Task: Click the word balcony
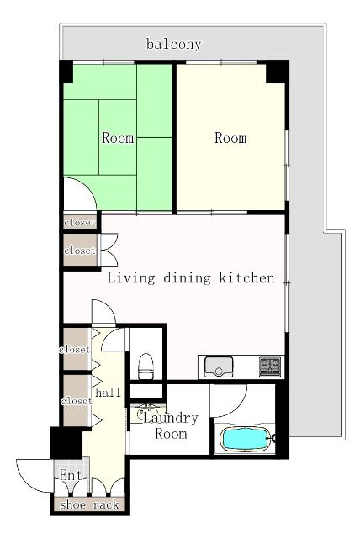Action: pyautogui.click(x=173, y=45)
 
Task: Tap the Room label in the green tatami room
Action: pyautogui.click(x=118, y=138)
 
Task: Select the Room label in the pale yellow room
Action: pyautogui.click(x=230, y=138)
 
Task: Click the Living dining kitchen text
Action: pyautogui.click(x=191, y=277)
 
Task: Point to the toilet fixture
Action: pyautogui.click(x=146, y=367)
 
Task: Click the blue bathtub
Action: pyautogui.click(x=246, y=439)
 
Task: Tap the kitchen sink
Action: pyautogui.click(x=219, y=367)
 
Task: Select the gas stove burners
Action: pyautogui.click(x=270, y=367)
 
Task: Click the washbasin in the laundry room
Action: pyautogui.click(x=147, y=413)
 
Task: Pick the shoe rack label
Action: pyautogui.click(x=89, y=504)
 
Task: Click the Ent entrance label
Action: pyautogui.click(x=71, y=476)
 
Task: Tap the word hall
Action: pyautogui.click(x=109, y=393)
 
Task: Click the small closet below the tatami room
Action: pyautogui.click(x=80, y=222)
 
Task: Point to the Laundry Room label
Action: pyautogui.click(x=171, y=426)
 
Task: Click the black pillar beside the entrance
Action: pyautogui.click(x=66, y=443)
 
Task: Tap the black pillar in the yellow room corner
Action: pyautogui.click(x=277, y=71)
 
